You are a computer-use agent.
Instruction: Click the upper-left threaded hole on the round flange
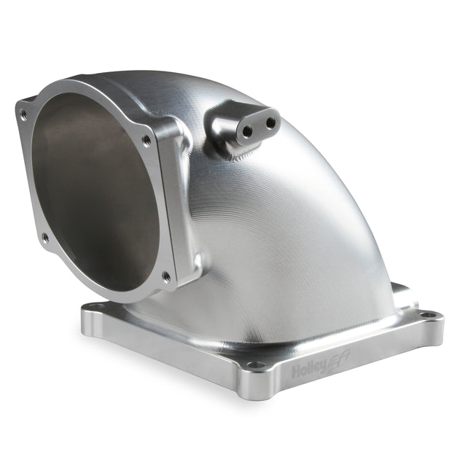click(x=23, y=115)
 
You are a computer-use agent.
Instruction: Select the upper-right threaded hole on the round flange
click(x=147, y=140)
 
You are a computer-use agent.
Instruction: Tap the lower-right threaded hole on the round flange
click(x=166, y=276)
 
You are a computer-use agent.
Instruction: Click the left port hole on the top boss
click(x=248, y=131)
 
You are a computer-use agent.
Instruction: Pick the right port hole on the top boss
click(x=270, y=123)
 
